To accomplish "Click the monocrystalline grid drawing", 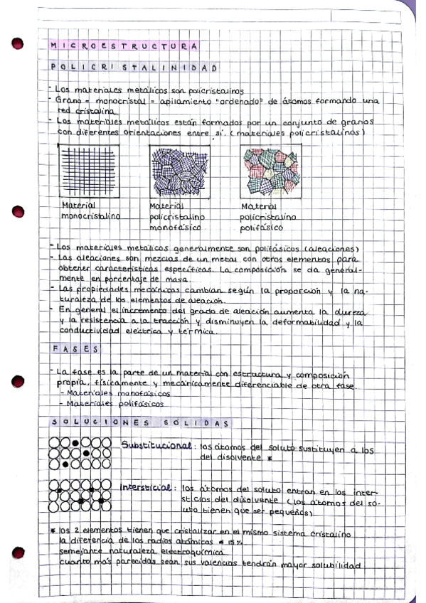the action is click(86, 173).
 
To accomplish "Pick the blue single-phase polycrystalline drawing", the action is click(179, 173).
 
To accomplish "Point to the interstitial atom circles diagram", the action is click(79, 496).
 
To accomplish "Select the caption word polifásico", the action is click(262, 228).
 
